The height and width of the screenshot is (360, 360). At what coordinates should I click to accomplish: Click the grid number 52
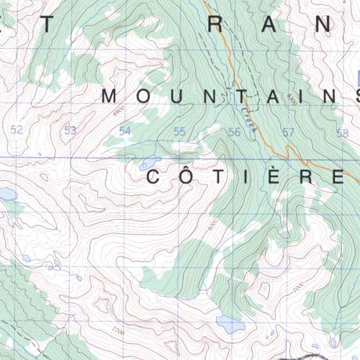click(17, 130)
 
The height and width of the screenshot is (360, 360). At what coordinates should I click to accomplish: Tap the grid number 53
click(70, 130)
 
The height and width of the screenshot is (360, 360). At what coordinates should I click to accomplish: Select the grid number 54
click(125, 130)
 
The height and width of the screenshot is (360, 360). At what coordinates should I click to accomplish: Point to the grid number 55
click(179, 130)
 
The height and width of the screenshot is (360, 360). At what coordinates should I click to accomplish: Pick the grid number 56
click(234, 131)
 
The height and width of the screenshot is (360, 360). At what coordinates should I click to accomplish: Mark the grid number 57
click(289, 131)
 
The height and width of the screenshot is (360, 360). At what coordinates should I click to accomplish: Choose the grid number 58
click(342, 132)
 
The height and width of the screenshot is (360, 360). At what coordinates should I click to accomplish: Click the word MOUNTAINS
click(230, 96)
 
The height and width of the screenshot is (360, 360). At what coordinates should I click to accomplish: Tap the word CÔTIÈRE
click(245, 176)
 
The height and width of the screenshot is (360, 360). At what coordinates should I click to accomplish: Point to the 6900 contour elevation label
click(117, 109)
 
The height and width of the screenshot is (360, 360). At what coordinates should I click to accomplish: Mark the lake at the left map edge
click(6, 194)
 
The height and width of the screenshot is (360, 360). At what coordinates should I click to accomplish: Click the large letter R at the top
click(214, 24)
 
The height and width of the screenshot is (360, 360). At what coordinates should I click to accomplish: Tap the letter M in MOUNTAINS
click(110, 96)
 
